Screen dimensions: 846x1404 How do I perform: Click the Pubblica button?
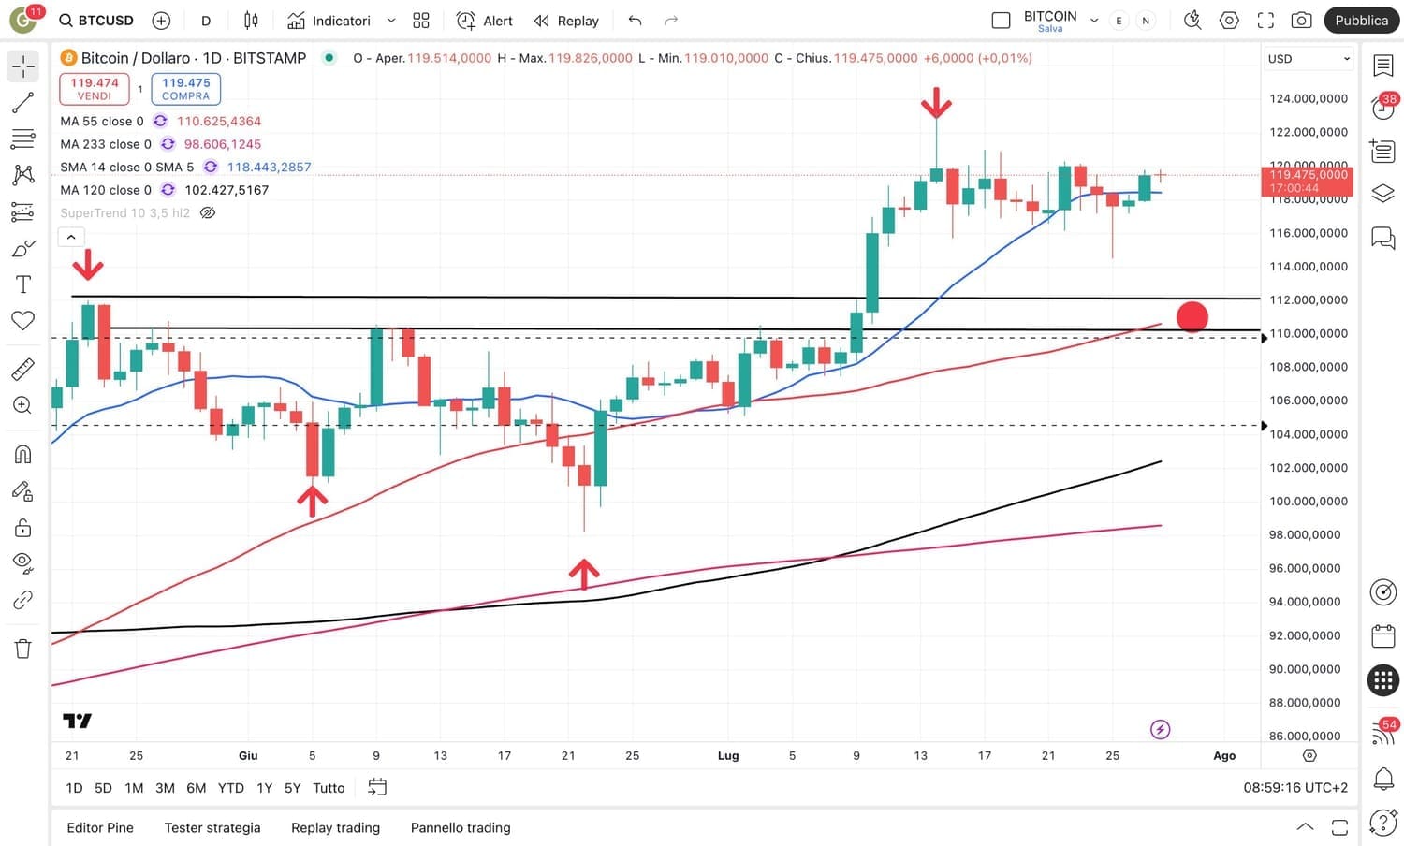tap(1361, 21)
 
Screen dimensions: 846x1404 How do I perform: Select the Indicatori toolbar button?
tap(329, 21)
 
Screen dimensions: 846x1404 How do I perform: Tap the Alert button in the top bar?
tap(485, 21)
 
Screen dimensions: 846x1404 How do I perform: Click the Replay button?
tap(566, 21)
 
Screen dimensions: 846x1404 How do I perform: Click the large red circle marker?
tap(1192, 317)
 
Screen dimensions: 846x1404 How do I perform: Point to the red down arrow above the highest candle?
tap(936, 103)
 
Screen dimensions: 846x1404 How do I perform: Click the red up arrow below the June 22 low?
tap(584, 574)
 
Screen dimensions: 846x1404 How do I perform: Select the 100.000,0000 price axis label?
tap(1308, 502)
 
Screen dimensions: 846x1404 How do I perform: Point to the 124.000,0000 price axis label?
tap(1308, 98)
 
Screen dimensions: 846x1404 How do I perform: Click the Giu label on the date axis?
tap(248, 756)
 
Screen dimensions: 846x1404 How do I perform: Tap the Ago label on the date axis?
tap(1224, 756)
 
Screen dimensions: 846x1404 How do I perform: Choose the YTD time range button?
tap(230, 788)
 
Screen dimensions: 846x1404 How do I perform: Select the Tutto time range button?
tap(329, 788)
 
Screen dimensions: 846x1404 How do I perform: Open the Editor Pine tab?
tap(100, 827)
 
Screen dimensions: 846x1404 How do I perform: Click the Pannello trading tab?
tap(461, 827)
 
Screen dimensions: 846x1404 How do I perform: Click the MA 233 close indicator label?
tap(105, 144)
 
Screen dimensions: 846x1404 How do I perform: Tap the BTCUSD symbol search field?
tap(96, 21)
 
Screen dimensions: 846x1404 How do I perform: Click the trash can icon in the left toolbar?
tap(23, 649)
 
